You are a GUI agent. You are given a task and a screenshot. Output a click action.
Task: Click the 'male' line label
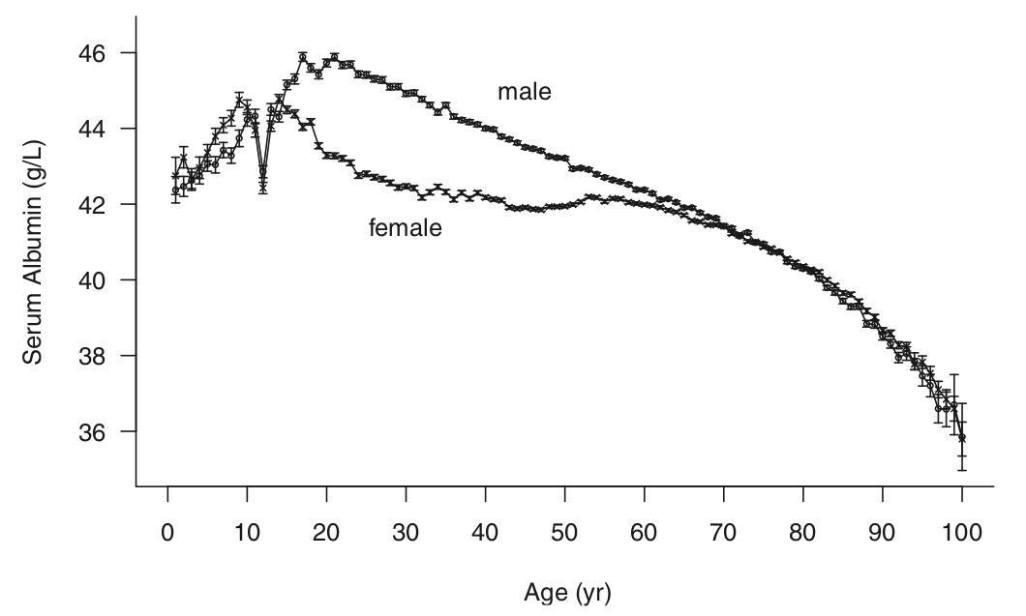(x=524, y=92)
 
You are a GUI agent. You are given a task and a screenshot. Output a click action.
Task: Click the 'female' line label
(x=406, y=229)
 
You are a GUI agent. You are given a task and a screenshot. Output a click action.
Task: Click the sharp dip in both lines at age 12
(x=262, y=180)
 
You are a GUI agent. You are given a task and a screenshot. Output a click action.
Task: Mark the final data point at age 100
(x=962, y=437)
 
